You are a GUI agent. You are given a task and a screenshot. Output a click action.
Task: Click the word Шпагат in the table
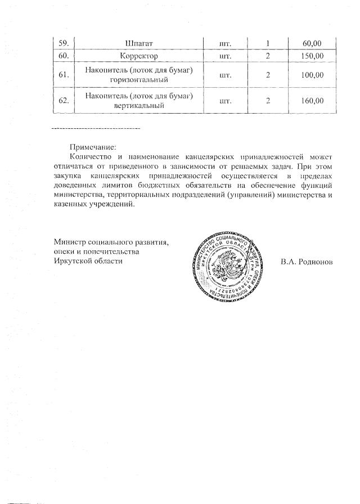138,42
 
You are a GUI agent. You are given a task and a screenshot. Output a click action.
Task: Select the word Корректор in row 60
138,56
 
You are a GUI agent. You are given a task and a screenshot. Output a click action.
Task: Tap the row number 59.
63,42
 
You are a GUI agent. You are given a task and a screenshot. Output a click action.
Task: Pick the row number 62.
63,101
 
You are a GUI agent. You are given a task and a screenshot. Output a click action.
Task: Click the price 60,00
311,42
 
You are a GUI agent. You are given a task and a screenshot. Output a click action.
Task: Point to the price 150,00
311,56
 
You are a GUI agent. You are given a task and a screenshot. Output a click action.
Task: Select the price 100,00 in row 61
311,75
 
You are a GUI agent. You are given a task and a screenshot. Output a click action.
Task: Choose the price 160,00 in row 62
311,101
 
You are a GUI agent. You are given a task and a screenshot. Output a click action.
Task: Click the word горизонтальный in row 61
138,80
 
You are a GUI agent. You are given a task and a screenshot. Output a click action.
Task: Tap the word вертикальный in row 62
138,106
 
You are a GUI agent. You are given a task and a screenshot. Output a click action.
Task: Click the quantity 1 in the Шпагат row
268,42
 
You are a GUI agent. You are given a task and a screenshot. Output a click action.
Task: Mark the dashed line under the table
95,129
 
